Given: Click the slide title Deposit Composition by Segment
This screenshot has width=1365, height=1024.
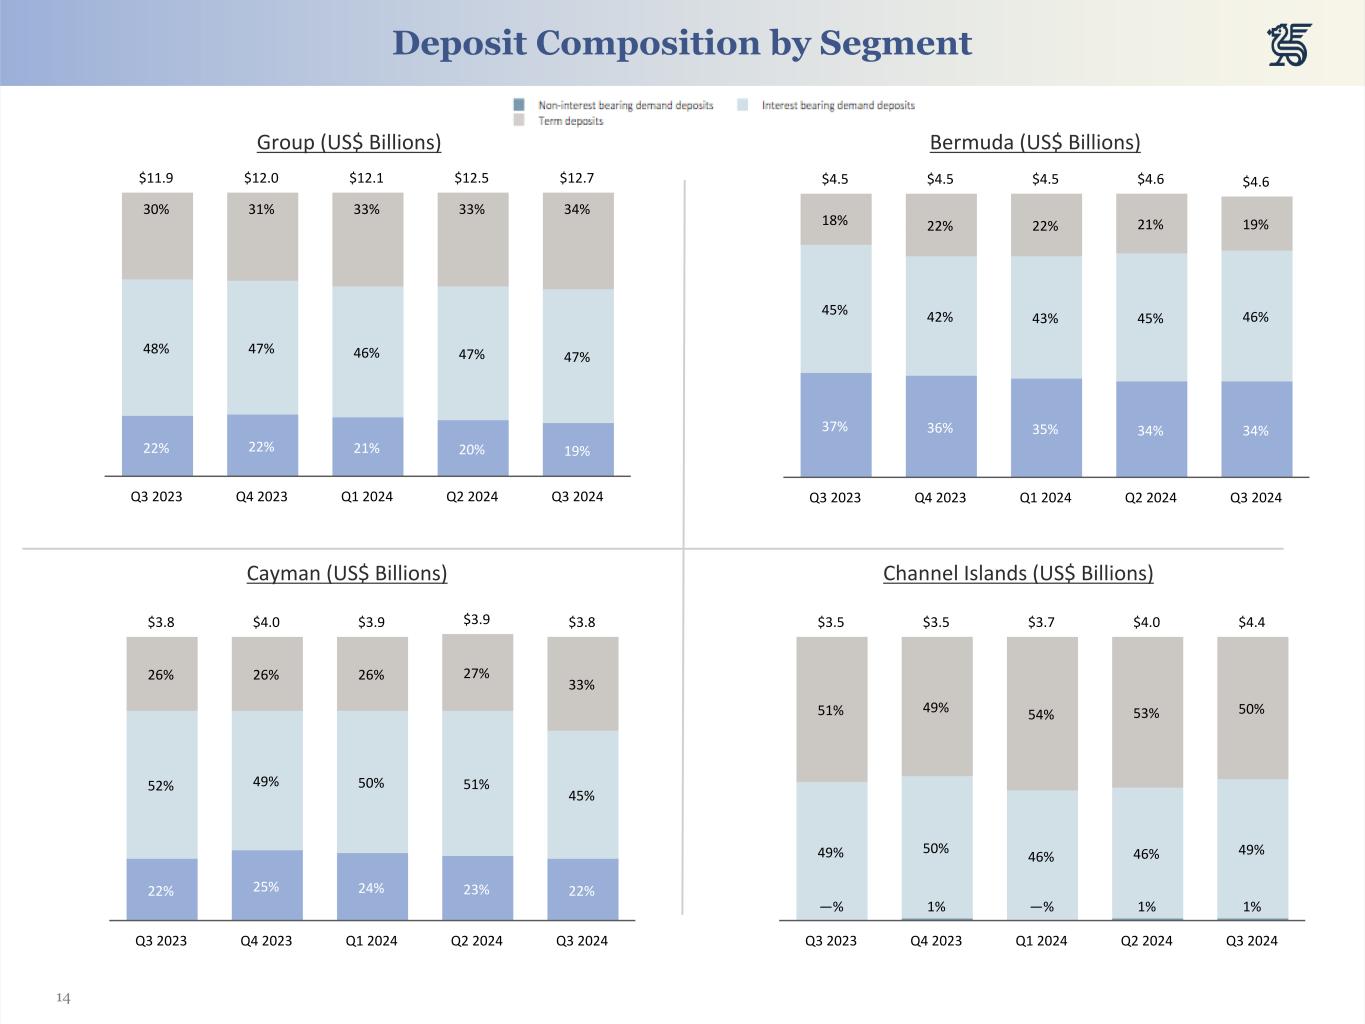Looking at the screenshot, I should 682,43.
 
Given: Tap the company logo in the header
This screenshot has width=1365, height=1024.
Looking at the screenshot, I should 1289,45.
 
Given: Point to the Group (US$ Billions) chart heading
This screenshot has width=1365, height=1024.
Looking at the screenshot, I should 349,142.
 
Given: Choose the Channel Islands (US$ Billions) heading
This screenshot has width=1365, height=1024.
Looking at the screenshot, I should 1018,573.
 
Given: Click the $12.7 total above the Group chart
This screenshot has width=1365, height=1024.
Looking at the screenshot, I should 577,178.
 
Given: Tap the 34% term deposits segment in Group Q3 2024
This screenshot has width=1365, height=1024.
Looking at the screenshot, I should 577,240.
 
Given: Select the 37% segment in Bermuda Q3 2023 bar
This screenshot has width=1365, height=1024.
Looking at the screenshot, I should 835,426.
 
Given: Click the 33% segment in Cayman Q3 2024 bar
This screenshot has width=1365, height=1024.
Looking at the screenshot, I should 582,684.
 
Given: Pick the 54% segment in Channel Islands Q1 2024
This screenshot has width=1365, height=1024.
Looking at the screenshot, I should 1041,714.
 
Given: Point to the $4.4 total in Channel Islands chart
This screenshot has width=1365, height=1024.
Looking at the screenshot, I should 1251,622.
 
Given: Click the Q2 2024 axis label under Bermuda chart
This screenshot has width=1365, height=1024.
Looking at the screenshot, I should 1150,497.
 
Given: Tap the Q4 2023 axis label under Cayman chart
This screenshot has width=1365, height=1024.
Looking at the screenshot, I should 266,940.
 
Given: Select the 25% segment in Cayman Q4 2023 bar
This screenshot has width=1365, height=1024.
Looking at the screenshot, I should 266,886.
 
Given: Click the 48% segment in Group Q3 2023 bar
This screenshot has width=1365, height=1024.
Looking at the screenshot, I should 156,348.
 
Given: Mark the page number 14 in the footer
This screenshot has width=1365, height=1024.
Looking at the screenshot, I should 63,998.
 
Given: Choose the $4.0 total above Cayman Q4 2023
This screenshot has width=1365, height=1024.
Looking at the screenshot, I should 266,622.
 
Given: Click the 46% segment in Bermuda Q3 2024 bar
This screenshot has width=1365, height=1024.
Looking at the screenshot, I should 1256,316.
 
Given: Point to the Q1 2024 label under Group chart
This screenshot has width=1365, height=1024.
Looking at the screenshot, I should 367,496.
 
